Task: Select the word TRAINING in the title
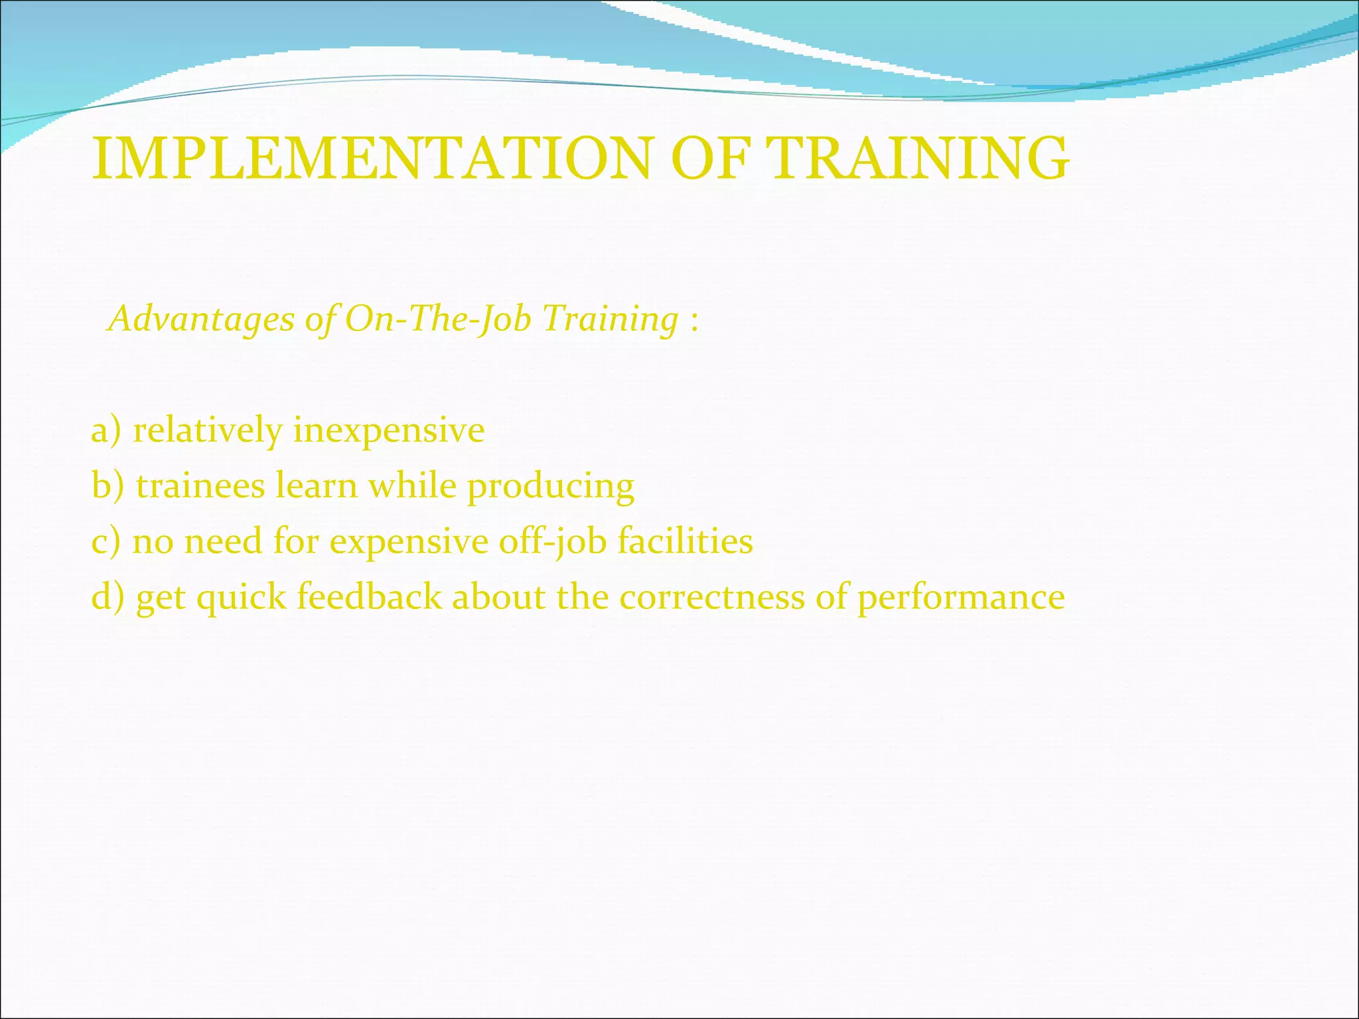[917, 159]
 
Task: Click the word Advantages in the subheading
[202, 319]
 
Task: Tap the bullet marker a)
[106, 431]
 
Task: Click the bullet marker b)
[107, 486]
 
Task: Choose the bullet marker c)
[106, 541]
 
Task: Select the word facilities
[685, 541]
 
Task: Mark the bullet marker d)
[107, 596]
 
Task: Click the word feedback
[369, 596]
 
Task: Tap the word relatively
[208, 431]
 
